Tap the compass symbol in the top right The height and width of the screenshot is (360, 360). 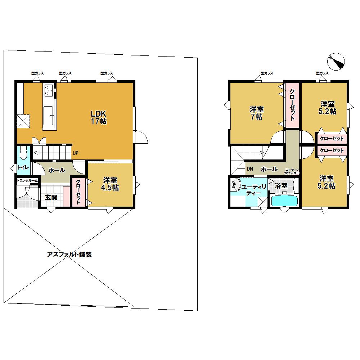click(x=337, y=62)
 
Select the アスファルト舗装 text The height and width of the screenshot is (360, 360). click(x=69, y=255)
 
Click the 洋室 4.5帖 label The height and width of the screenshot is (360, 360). click(x=111, y=184)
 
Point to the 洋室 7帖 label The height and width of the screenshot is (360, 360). click(x=256, y=113)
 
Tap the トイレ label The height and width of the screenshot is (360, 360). click(x=23, y=167)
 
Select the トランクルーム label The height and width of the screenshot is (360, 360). click(x=27, y=181)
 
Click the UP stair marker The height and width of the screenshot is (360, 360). click(x=75, y=153)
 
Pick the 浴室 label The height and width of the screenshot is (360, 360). click(x=281, y=186)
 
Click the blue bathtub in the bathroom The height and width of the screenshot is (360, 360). click(x=284, y=200)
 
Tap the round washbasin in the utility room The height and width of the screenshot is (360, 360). click(x=235, y=185)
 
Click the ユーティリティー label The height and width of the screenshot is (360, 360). click(x=254, y=190)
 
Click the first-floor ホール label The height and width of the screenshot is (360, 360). click(x=57, y=170)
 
